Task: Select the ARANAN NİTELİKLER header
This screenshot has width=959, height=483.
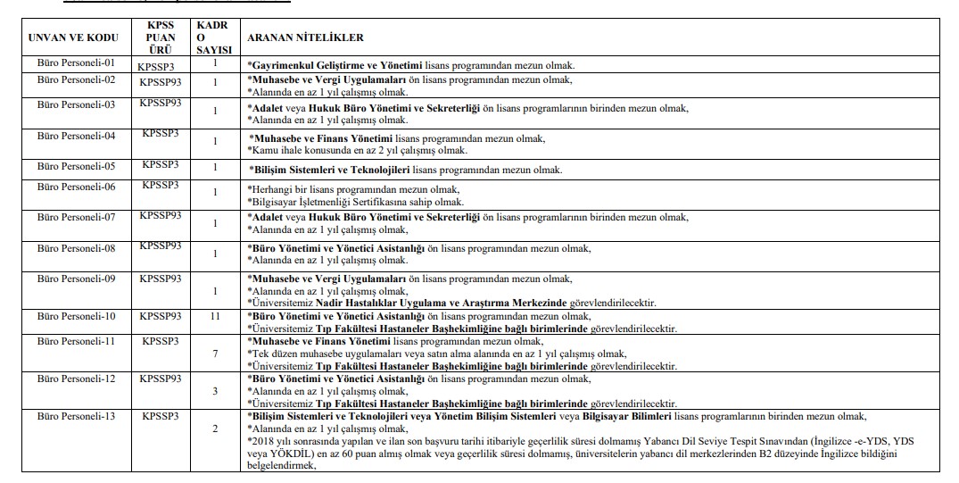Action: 306,37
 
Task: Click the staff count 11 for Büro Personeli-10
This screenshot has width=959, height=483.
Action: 214,316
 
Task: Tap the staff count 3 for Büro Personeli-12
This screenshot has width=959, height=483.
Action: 214,391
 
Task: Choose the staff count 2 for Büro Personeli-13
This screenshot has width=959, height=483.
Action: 214,429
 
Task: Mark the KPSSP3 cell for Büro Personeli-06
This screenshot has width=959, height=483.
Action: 161,185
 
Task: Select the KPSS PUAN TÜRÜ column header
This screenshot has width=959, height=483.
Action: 161,37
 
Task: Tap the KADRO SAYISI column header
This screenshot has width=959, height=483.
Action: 214,37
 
